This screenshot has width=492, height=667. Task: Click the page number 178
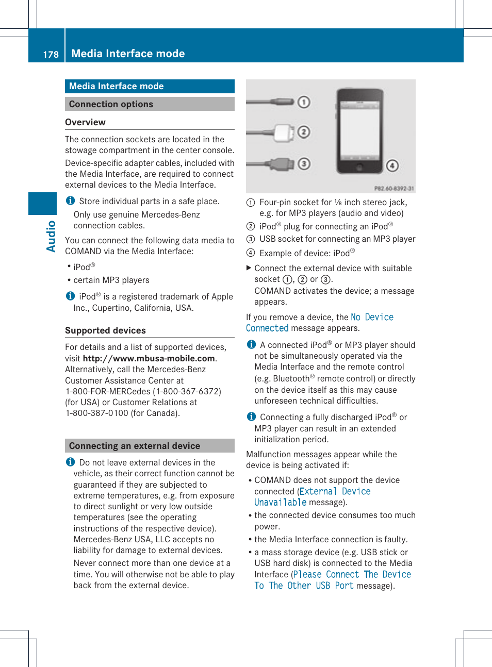click(x=51, y=55)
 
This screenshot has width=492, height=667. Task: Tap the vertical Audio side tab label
click(x=51, y=236)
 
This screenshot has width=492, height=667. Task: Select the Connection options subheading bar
click(x=150, y=104)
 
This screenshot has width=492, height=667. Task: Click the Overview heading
click(x=85, y=122)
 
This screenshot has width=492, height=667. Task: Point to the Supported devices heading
click(x=105, y=330)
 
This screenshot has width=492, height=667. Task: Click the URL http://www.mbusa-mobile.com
click(x=149, y=358)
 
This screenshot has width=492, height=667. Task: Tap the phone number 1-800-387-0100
click(x=97, y=413)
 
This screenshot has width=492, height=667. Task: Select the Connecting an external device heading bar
click(x=150, y=446)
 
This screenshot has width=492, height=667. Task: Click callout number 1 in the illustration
click(x=304, y=102)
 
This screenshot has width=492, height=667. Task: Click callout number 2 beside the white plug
click(x=304, y=132)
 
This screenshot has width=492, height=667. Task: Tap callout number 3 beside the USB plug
click(x=304, y=164)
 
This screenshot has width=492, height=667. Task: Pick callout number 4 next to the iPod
click(x=392, y=165)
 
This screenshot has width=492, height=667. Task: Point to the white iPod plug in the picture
click(x=284, y=132)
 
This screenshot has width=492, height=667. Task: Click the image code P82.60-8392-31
click(x=393, y=189)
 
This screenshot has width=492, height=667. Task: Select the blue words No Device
click(x=372, y=318)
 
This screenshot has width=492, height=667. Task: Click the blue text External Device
click(x=335, y=492)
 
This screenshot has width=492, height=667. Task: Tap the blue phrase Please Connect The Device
click(x=352, y=575)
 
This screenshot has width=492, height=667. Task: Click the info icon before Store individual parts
click(x=70, y=201)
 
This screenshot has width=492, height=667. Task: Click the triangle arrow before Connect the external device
click(x=249, y=268)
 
